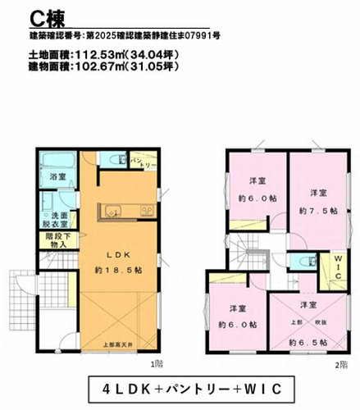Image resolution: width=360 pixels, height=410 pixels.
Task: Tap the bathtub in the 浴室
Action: coord(57,162)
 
